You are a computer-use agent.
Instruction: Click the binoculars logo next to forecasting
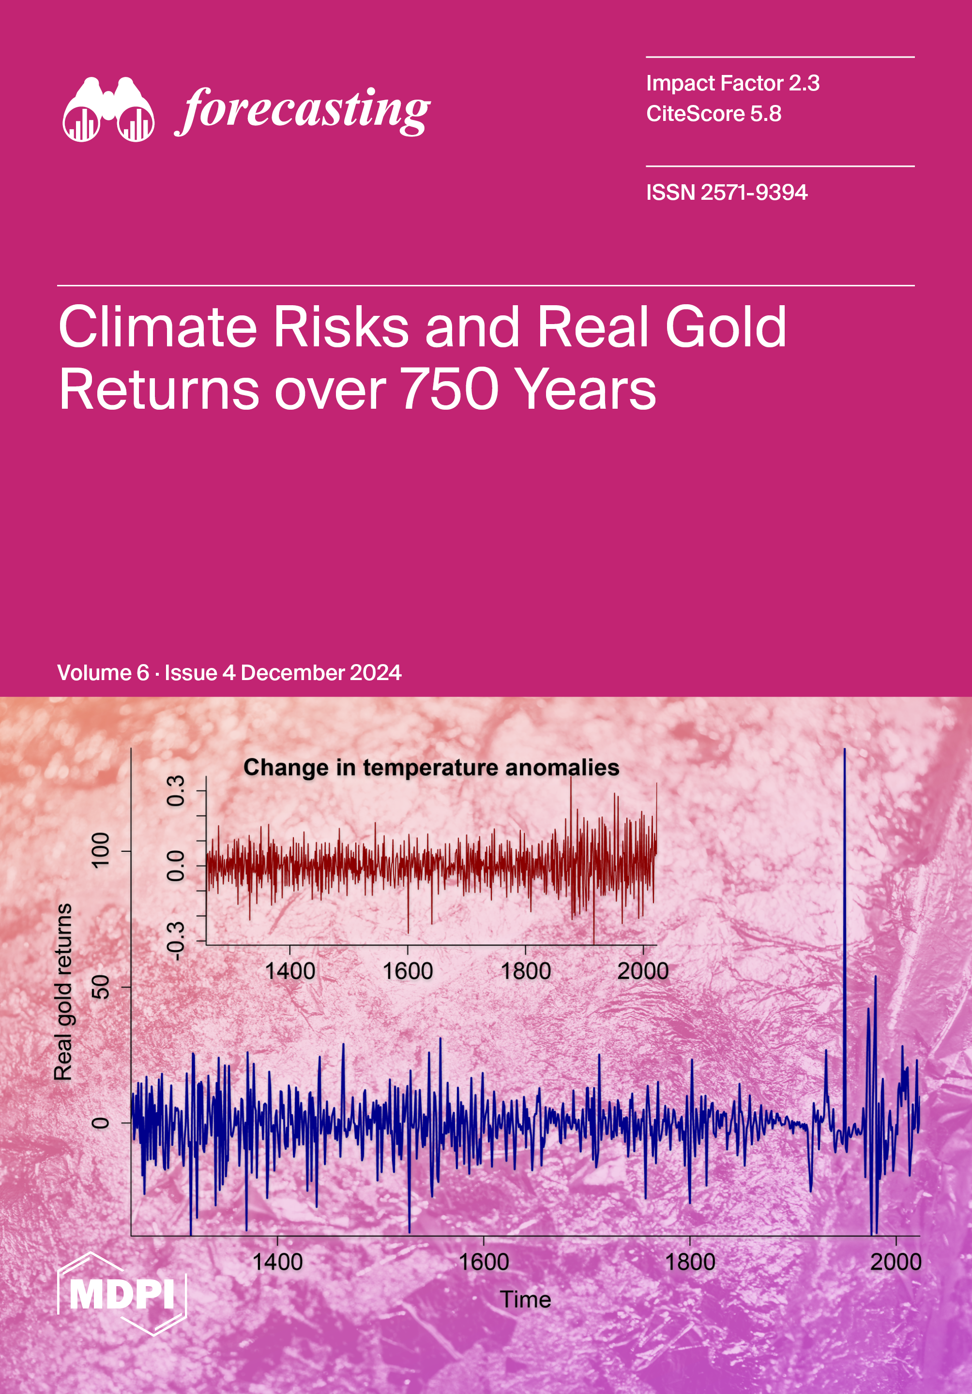click(108, 109)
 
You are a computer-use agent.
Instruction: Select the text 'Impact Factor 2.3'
click(733, 83)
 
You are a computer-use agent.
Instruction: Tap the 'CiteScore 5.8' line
click(714, 114)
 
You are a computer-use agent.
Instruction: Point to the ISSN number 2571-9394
click(754, 193)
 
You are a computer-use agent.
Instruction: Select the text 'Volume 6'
click(103, 673)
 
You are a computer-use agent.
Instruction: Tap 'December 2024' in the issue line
click(321, 673)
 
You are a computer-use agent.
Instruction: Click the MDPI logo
click(122, 1294)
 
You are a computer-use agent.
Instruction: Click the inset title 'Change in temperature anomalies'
click(431, 768)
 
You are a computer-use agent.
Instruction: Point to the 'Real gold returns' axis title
click(63, 992)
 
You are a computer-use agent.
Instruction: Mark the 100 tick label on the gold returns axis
click(100, 850)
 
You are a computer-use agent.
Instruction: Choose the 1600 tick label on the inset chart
click(408, 971)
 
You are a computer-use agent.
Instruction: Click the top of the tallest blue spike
click(844, 749)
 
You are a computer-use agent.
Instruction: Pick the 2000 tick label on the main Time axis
click(896, 1262)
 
